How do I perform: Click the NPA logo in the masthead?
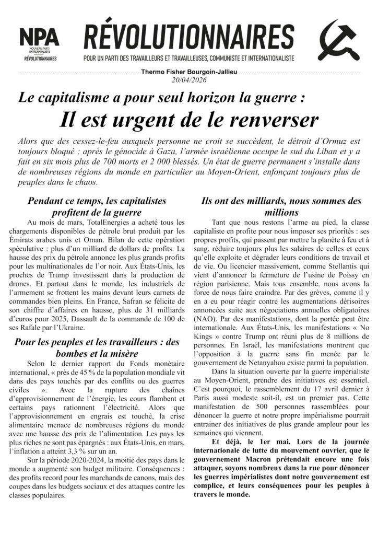39,38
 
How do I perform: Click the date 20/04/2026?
188,80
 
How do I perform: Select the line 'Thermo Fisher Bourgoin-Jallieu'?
188,73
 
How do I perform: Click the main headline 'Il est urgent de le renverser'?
188,120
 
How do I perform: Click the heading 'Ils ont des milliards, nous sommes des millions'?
281,206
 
